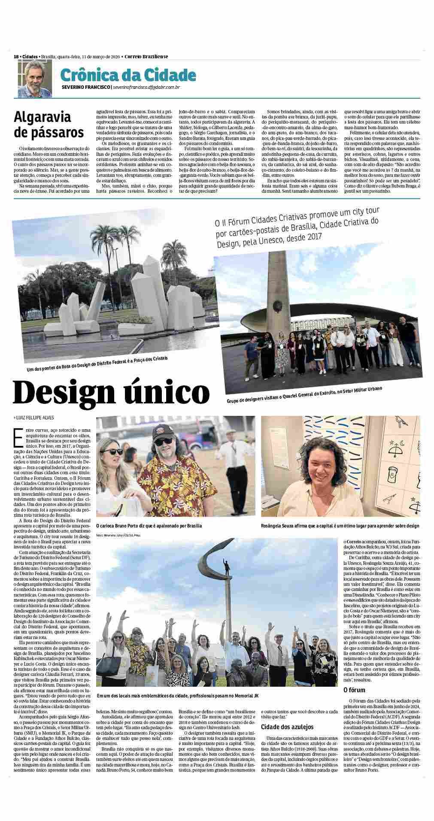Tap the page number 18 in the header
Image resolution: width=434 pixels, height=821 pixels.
coord(15,57)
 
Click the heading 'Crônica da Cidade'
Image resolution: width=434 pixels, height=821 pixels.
coord(128,76)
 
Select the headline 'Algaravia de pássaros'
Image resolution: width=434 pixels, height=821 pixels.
coord(49,124)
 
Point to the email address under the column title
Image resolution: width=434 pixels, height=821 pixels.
coord(143,88)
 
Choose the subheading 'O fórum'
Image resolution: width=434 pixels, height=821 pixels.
coord(354,702)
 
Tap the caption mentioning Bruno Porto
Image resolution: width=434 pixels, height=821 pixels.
coord(149,525)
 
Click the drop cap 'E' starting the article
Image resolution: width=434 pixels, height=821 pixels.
coord(18,437)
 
